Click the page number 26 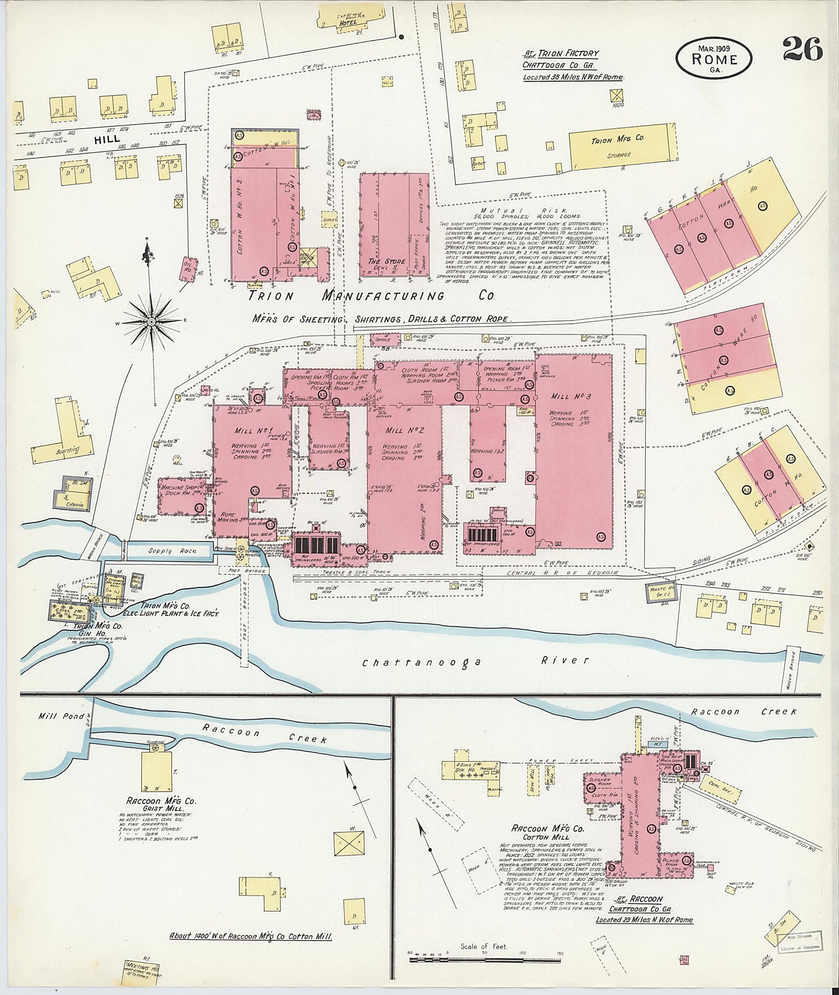pos(802,49)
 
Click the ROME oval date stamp pos(714,58)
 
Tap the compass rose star pos(151,323)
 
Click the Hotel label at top pos(348,23)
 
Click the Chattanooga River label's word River pos(565,660)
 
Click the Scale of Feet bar pos(484,960)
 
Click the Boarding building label pos(68,450)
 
